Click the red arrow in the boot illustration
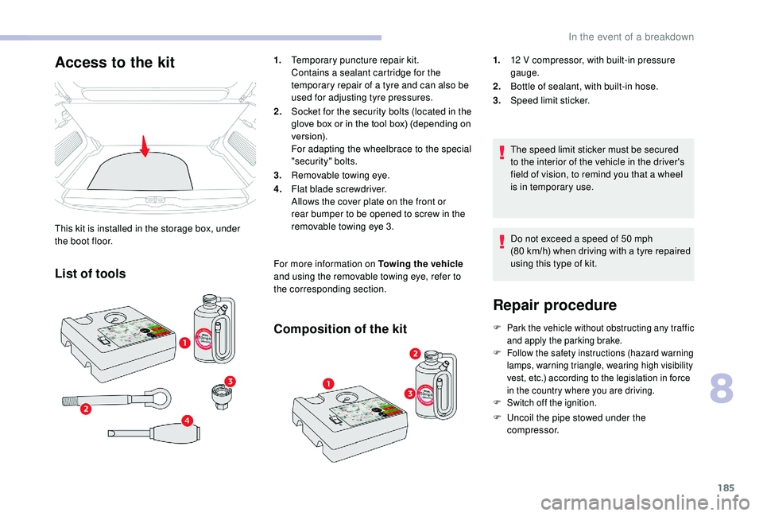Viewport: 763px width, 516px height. (x=145, y=147)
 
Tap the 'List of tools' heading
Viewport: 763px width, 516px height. (x=90, y=274)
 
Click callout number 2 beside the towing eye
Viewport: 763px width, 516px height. (x=85, y=409)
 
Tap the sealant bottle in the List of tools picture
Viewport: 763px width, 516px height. (x=212, y=325)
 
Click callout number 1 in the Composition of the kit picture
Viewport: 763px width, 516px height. (x=327, y=384)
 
